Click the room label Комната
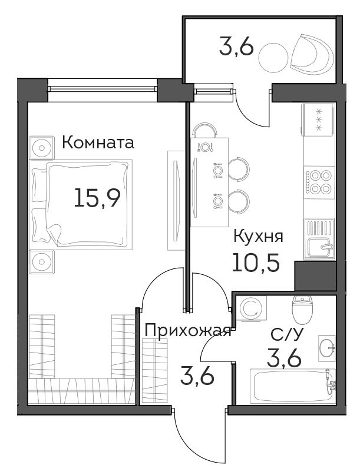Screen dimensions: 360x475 98,142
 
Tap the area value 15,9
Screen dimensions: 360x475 97,197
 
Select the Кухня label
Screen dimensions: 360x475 258,237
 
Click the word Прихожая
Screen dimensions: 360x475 188,331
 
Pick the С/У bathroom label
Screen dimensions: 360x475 286,335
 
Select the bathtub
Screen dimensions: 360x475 293,386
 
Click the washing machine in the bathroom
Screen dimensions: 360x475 252,308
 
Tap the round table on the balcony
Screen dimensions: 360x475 273,57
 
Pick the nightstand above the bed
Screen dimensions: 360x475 42,148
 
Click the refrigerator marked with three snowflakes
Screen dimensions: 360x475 319,119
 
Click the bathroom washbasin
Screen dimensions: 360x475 327,348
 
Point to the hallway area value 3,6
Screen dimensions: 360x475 197,376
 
